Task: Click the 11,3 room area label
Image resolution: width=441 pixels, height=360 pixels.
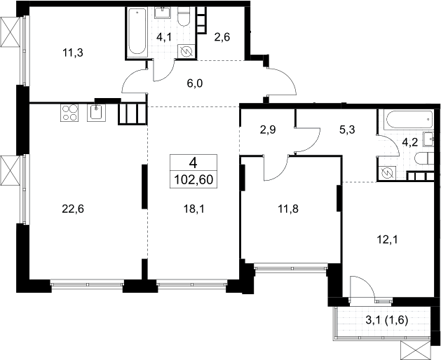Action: (73, 53)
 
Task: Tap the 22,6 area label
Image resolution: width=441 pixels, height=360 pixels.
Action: (73, 209)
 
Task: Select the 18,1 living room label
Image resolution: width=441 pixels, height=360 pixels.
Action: (194, 209)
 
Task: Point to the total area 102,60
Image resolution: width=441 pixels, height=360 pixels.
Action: (194, 179)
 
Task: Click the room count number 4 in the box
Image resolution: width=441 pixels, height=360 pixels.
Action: (194, 162)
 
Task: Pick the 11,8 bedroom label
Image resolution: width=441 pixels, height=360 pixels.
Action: (287, 209)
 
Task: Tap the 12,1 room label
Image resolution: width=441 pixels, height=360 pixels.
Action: (387, 240)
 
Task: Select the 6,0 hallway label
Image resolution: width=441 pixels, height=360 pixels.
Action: (195, 83)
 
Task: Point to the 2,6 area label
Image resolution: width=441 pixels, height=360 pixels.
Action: (222, 37)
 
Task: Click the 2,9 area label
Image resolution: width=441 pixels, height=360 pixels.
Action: (268, 130)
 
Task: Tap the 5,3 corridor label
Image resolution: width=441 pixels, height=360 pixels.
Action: (347, 130)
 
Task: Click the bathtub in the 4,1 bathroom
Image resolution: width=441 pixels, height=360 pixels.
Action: (137, 31)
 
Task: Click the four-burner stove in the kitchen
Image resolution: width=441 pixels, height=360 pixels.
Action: (69, 113)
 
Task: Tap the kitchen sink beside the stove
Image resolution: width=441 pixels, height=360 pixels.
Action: (96, 113)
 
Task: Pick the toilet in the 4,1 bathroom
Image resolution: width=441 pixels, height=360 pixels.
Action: (184, 16)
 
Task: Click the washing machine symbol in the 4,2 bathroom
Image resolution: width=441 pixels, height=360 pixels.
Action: (387, 173)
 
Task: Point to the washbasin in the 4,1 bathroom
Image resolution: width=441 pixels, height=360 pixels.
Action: (162, 13)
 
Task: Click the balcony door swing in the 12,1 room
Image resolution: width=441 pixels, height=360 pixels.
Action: (362, 289)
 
